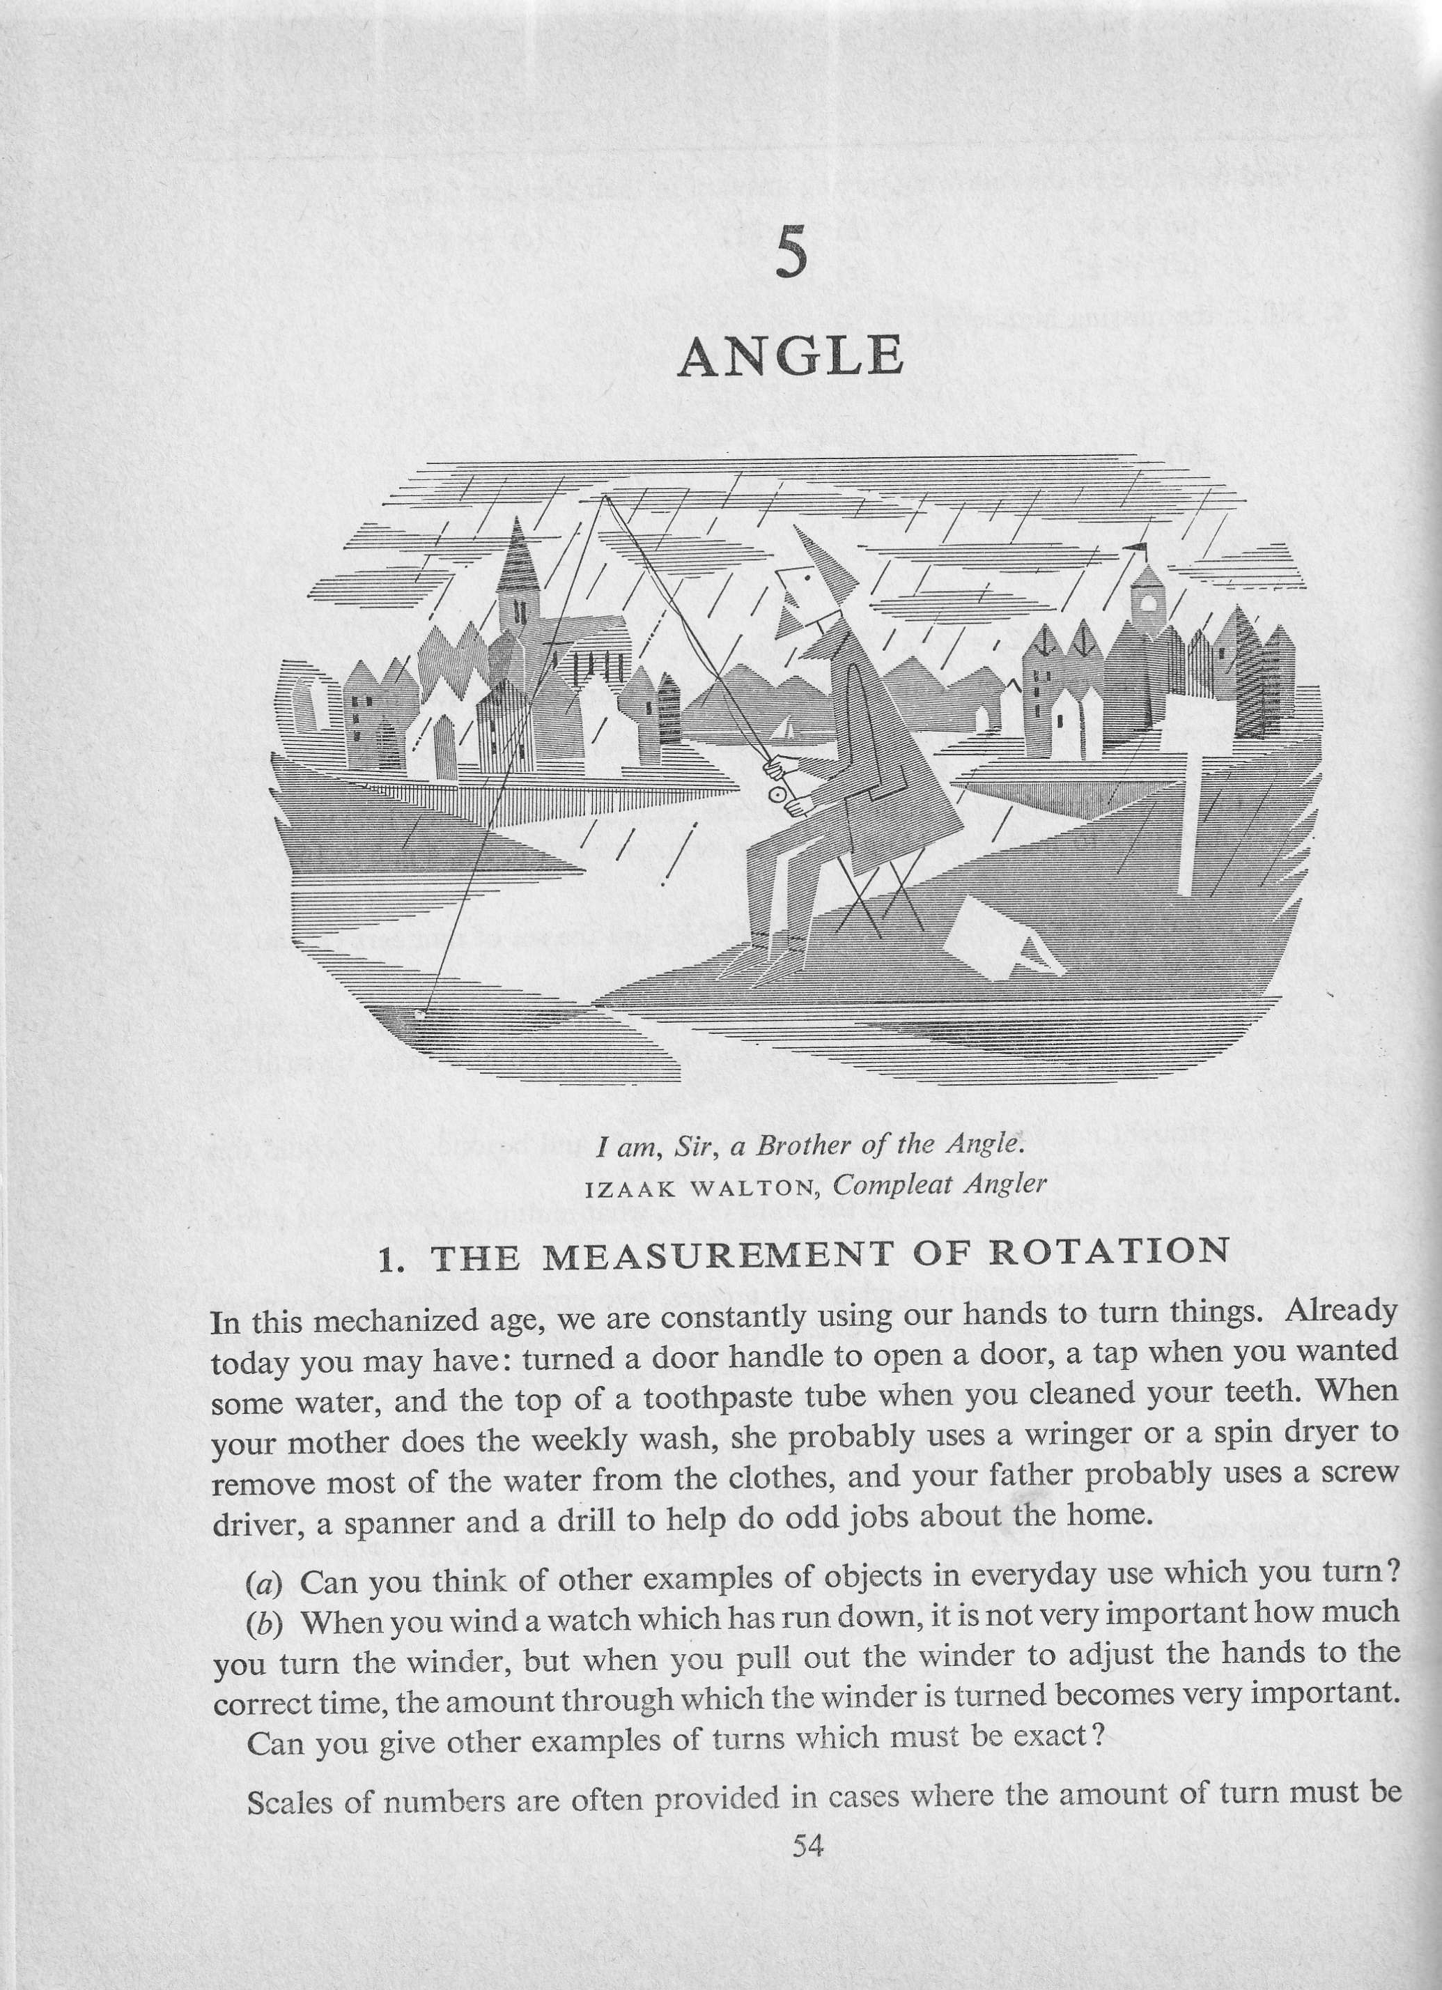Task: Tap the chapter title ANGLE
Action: [x=791, y=356]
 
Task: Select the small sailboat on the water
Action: [x=786, y=728]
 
